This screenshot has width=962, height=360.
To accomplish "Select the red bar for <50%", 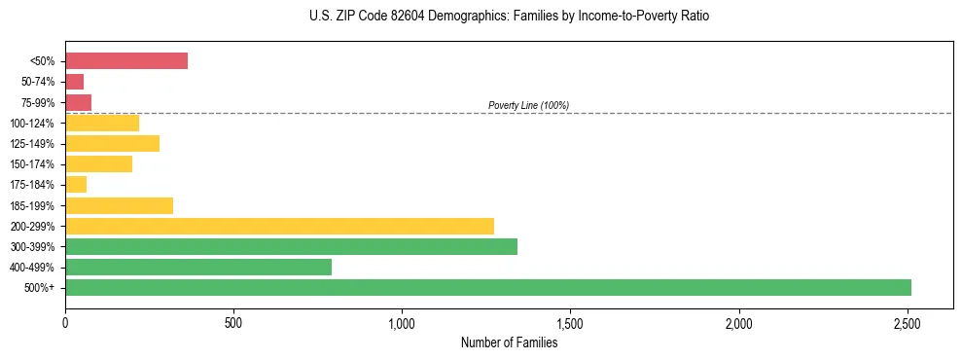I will [126, 60].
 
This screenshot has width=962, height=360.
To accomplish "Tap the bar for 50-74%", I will [75, 82].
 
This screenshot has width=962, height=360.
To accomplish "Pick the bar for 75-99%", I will [79, 102].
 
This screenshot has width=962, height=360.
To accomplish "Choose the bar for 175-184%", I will [76, 184].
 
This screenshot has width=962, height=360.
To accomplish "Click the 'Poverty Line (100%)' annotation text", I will [528, 105].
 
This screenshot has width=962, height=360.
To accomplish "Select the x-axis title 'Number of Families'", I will [509, 342].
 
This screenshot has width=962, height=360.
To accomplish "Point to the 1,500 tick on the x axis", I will [570, 323].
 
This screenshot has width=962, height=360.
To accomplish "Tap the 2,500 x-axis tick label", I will [908, 323].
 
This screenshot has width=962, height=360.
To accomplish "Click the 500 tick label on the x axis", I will [233, 323].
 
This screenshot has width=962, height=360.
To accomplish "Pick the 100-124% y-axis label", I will [33, 124].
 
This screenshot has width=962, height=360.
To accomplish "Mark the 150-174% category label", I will [33, 164].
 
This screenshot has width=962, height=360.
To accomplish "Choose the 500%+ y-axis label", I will [40, 288].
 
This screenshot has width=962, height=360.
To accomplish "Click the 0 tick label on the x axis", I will [65, 323].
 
